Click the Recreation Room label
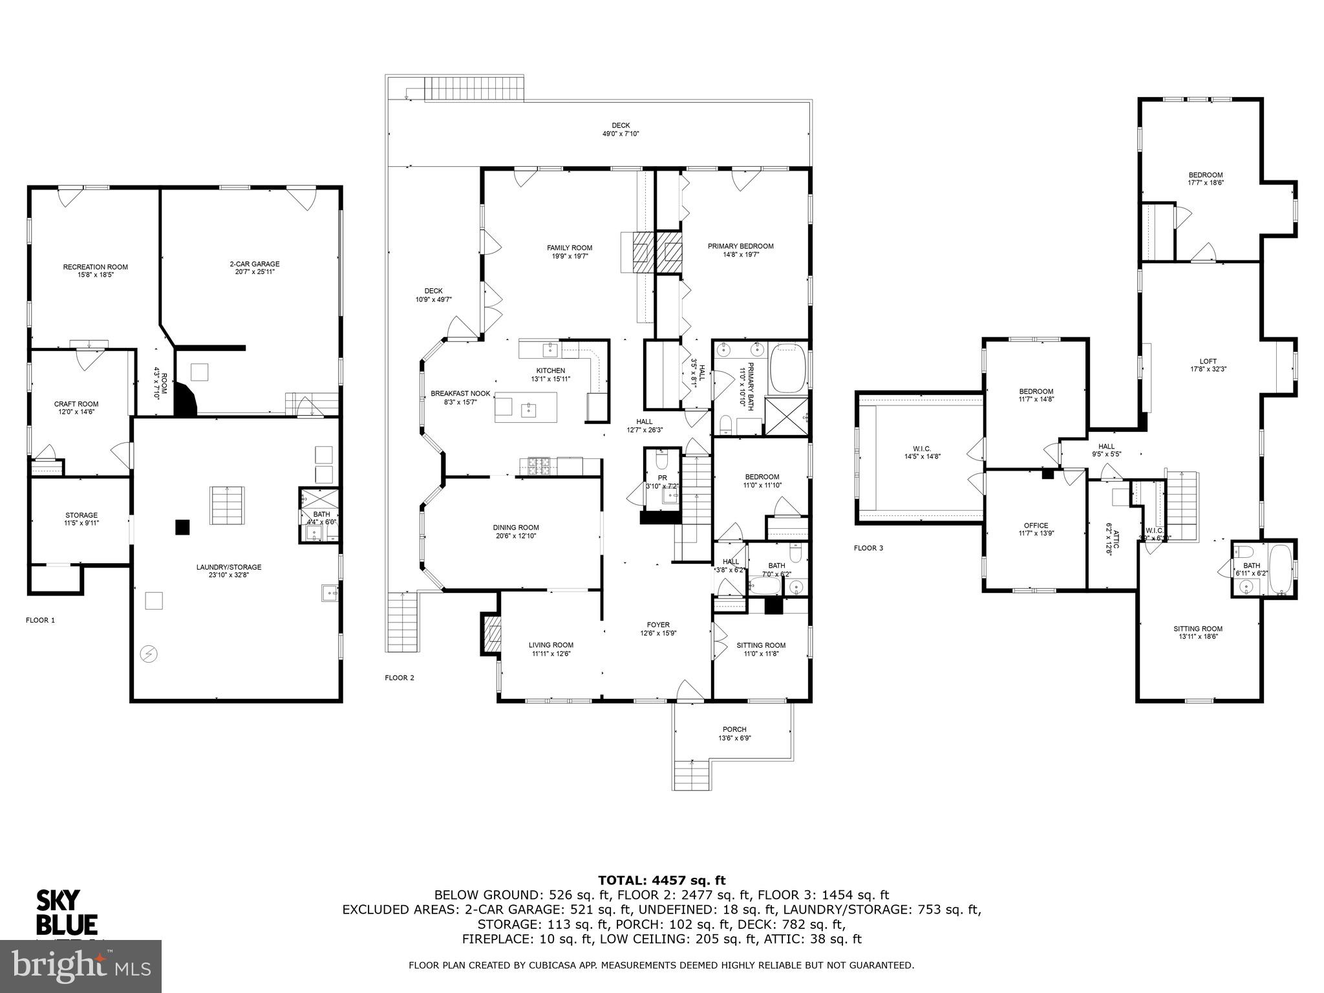pyautogui.click(x=95, y=267)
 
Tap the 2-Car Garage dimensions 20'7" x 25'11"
pyautogui.click(x=254, y=272)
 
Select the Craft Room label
pyautogui.click(x=76, y=404)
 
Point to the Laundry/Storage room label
pyautogui.click(x=229, y=567)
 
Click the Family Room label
pyautogui.click(x=569, y=248)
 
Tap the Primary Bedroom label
pyautogui.click(x=740, y=246)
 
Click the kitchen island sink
pyautogui.click(x=529, y=409)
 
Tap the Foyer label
pyautogui.click(x=658, y=625)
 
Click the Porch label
pyautogui.click(x=734, y=729)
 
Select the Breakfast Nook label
pyautogui.click(x=460, y=393)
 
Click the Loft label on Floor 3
pyautogui.click(x=1208, y=361)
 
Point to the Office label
pyautogui.click(x=1036, y=526)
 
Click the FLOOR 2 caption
pyautogui.click(x=399, y=678)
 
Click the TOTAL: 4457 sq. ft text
pyautogui.click(x=661, y=880)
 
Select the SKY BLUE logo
pyautogui.click(x=66, y=912)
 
